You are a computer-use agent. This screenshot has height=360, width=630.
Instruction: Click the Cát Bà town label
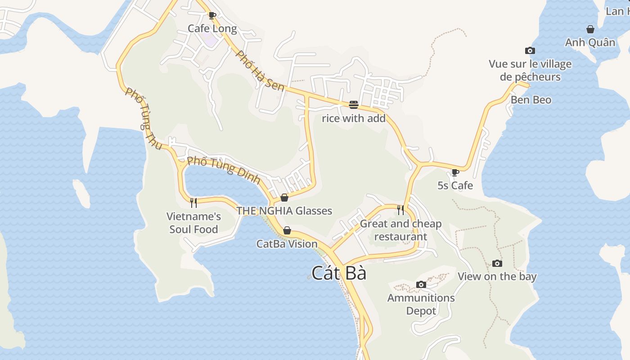pos(339,273)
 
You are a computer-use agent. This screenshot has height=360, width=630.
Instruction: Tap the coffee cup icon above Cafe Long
pos(212,16)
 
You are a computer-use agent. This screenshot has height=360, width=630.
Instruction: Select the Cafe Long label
pos(212,29)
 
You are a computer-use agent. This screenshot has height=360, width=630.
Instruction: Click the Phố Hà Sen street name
pos(261,71)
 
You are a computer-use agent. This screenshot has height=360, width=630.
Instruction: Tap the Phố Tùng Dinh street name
pos(224,170)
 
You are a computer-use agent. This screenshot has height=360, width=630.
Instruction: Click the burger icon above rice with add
pos(353,105)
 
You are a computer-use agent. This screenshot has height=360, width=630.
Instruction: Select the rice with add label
pos(354,118)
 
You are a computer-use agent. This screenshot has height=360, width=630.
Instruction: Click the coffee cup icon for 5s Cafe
pos(455,172)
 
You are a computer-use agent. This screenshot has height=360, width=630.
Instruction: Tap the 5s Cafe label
pos(455,185)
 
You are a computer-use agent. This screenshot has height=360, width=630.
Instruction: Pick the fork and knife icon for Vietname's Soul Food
pos(193,203)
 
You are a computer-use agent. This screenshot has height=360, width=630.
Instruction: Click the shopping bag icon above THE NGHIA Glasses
pos(284,198)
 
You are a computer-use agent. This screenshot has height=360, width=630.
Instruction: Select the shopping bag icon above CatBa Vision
pos(287,231)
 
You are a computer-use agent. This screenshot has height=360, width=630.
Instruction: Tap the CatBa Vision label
pos(287,244)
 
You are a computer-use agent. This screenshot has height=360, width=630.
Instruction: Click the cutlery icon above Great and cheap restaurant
pos(400,210)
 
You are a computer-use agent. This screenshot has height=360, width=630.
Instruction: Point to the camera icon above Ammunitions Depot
pos(421,284)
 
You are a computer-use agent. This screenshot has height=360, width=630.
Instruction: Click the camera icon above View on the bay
pos(497,263)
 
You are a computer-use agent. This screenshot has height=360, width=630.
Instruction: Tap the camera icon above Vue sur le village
pos(530,51)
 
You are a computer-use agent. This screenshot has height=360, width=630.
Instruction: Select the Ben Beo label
pos(531,100)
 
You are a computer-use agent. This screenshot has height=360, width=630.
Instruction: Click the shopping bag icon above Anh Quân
pos(590,30)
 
